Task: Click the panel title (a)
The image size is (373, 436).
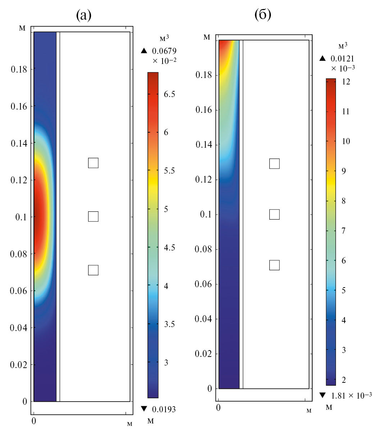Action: click(x=83, y=15)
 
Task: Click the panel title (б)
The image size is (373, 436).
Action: click(x=263, y=15)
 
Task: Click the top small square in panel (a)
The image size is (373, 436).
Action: click(x=93, y=163)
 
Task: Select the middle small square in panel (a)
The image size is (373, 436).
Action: click(x=93, y=217)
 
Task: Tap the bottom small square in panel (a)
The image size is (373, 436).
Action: click(x=93, y=270)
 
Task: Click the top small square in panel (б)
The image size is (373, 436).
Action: click(x=274, y=163)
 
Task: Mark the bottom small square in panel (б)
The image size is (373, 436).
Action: click(x=274, y=265)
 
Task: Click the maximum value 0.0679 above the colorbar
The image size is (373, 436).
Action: click(x=164, y=51)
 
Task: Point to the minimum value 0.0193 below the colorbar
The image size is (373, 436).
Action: click(x=164, y=409)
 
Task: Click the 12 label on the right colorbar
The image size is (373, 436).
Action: click(x=346, y=82)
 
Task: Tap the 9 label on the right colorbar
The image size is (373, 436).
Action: click(x=344, y=171)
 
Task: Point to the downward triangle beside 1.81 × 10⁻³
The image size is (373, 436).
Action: click(x=322, y=396)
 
